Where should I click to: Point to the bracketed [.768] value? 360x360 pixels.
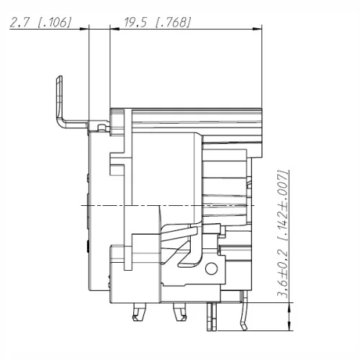(172, 23)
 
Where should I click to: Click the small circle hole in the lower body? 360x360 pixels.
(211, 270)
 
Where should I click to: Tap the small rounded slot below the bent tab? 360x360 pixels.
(100, 128)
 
